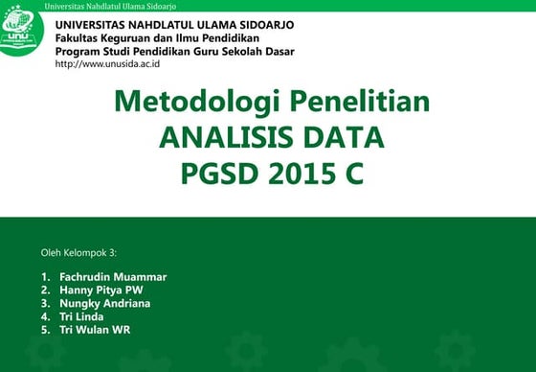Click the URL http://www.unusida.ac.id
[x=107, y=63]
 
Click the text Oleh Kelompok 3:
[x=78, y=253]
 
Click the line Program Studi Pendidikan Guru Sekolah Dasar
[x=175, y=51]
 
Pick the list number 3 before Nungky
[x=44, y=304]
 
